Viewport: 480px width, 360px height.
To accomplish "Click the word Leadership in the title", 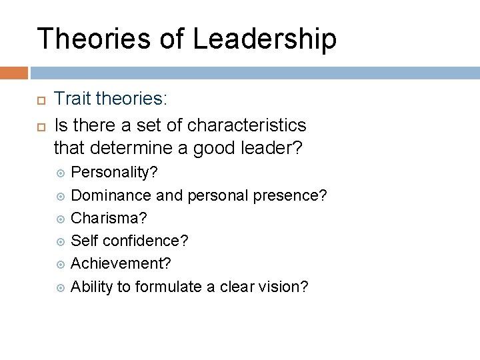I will click(265, 40).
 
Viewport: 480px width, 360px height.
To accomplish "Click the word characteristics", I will click(247, 125).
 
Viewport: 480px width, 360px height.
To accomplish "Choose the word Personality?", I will click(114, 173).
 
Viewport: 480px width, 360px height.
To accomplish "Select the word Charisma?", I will click(109, 218).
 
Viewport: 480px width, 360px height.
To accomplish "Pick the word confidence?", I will click(145, 241).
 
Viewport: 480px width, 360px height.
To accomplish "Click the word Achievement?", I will click(121, 263).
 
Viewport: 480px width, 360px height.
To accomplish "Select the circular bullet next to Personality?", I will click(61, 173).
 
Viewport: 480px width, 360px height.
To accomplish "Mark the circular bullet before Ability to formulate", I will click(61, 287).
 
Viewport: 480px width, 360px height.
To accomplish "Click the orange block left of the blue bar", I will click(14, 73).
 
